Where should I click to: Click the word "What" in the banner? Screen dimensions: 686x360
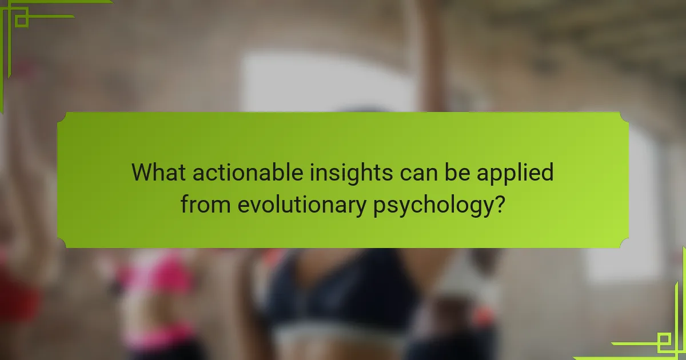click(158, 172)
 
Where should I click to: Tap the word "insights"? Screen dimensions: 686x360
click(351, 174)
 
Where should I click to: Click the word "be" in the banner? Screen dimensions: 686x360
click(457, 172)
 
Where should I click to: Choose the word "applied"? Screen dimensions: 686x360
click(515, 174)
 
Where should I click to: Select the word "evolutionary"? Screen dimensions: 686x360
click(302, 205)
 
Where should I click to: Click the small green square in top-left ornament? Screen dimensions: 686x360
click(22, 20)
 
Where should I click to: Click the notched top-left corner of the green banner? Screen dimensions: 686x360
click(62, 117)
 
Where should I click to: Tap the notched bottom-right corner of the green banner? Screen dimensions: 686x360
click(624, 243)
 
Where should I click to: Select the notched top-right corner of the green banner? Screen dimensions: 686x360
click(624, 117)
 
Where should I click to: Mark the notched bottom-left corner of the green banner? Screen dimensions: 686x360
click(62, 243)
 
